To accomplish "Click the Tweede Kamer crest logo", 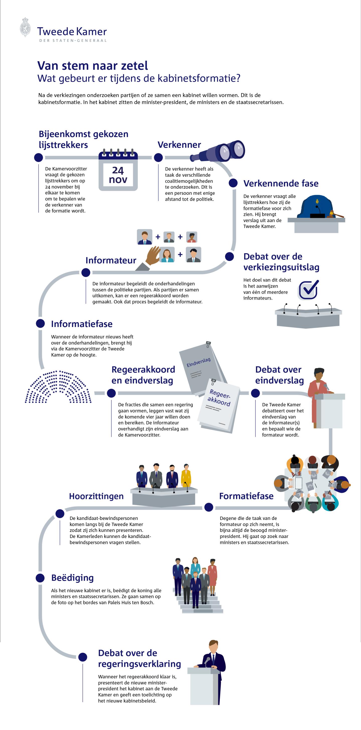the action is tap(25, 27).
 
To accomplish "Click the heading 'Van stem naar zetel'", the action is tap(93, 66).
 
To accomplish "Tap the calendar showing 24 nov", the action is tap(118, 169).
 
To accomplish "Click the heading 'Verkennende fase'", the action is tap(281, 183).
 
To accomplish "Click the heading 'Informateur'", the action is tap(111, 260).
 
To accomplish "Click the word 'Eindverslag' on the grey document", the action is tap(199, 362).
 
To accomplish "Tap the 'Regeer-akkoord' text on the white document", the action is tap(219, 397).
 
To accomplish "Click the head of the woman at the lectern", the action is tap(319, 374).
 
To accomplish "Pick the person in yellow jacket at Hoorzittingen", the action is tap(186, 476).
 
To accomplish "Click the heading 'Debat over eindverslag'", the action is tap(280, 375).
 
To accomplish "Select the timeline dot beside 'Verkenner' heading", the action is tap(158, 157).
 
